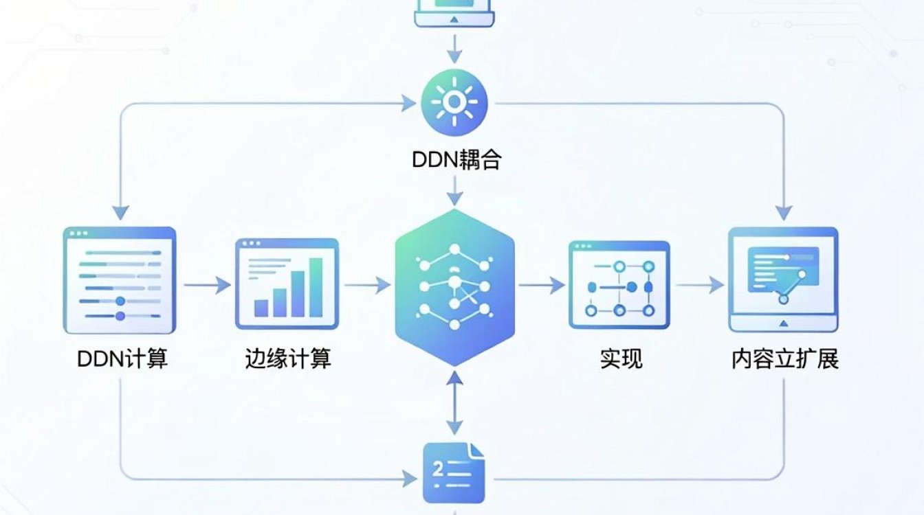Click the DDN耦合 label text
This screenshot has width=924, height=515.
point(456,160)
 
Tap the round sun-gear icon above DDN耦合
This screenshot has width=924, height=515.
point(454,102)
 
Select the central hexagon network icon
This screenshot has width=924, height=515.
point(454,287)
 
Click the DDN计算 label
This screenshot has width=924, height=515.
point(122,358)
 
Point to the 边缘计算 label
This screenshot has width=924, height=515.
point(288,358)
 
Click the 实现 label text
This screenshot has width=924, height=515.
point(621,358)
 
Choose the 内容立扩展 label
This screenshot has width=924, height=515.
point(784,359)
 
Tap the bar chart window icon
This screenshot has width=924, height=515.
point(287,284)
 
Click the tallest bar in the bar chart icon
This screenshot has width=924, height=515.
point(316,287)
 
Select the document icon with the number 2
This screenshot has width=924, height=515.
point(454,473)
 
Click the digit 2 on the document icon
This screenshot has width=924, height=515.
point(438,468)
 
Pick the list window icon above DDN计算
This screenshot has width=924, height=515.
point(120,280)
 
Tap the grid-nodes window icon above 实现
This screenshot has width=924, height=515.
point(619,285)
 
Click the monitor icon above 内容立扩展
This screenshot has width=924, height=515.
point(783,279)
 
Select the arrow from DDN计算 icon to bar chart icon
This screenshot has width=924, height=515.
point(207,285)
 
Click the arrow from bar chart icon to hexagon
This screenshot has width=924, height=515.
point(368,285)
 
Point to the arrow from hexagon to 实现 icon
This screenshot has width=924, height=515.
point(542,285)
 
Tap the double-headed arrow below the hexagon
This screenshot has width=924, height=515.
point(454,402)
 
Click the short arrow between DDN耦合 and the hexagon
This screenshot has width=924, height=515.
point(454,191)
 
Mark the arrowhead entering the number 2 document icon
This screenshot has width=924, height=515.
point(410,479)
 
